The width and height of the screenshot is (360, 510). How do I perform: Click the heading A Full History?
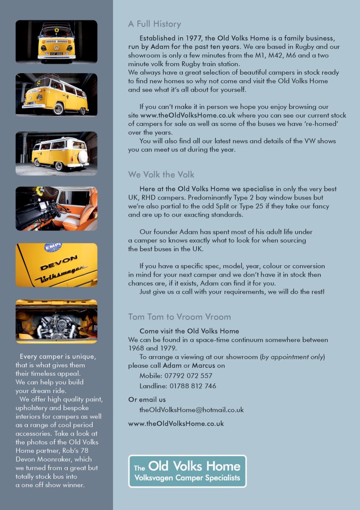tap(154, 24)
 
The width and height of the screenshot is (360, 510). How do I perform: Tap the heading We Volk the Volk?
tap(161, 175)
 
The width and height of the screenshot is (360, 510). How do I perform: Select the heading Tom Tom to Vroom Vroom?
tap(179, 316)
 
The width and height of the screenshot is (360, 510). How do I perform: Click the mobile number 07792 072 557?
tap(183, 376)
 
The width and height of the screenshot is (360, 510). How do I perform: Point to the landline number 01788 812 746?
tap(185, 386)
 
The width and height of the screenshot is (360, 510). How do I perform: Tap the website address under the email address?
tap(176, 424)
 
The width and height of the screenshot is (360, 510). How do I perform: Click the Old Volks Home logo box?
tap(187, 471)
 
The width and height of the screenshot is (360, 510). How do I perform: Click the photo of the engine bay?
tap(56, 321)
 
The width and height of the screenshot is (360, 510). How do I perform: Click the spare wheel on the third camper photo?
tap(83, 156)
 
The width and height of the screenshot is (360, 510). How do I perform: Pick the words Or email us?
tap(147, 400)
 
